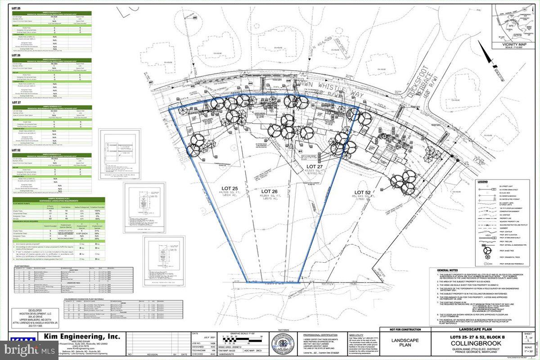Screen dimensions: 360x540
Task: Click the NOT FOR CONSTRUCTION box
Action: [x=400, y=329]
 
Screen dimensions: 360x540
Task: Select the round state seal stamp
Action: [x=282, y=346]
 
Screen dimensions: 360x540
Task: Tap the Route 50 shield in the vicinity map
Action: [x=526, y=9]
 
